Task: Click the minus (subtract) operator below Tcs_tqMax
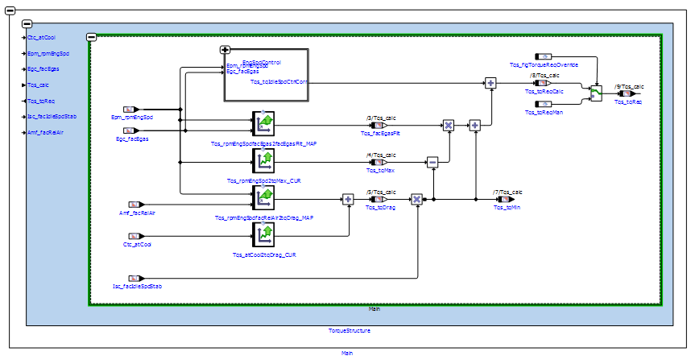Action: click(432, 162)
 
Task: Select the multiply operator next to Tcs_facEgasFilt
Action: click(449, 125)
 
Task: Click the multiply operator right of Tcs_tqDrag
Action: click(416, 199)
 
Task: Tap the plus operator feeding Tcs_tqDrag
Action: click(348, 199)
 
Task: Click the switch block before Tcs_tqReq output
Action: click(596, 93)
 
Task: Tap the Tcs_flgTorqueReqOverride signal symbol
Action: click(545, 57)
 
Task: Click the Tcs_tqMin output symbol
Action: click(505, 199)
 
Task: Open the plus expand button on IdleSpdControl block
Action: click(226, 50)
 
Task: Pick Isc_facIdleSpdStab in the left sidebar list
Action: click(52, 116)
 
